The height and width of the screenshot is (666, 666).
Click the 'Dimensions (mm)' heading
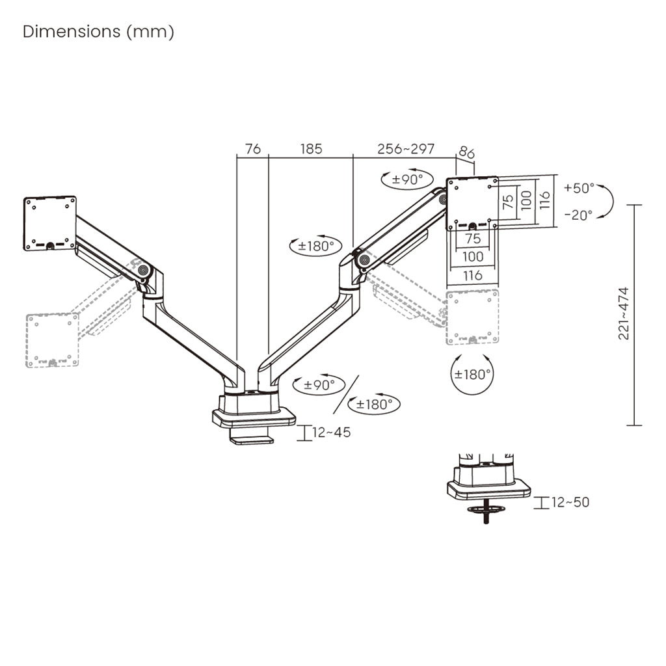click(98, 32)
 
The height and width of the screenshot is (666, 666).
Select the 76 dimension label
click(253, 149)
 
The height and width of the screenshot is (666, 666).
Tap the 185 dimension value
click(312, 149)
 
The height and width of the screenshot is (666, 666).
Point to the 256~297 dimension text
click(406, 149)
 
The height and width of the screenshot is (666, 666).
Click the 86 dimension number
click(466, 152)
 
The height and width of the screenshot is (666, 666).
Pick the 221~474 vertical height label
click(624, 313)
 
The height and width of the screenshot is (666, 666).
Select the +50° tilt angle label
click(579, 188)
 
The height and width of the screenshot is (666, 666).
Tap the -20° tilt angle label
click(578, 215)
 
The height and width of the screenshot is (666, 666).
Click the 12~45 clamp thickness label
click(331, 433)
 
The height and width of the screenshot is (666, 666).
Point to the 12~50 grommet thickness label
click(570, 503)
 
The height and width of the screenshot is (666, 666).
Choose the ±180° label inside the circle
click(472, 375)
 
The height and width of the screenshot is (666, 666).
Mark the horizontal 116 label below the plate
click(473, 276)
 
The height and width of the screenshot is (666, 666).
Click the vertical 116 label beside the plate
click(545, 200)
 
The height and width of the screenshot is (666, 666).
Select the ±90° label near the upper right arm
click(407, 180)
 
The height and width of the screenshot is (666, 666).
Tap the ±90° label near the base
click(319, 385)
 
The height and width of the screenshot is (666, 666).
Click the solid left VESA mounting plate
click(49, 224)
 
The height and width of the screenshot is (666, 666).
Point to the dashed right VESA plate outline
click(472, 317)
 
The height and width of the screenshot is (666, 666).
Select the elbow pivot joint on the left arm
click(143, 269)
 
